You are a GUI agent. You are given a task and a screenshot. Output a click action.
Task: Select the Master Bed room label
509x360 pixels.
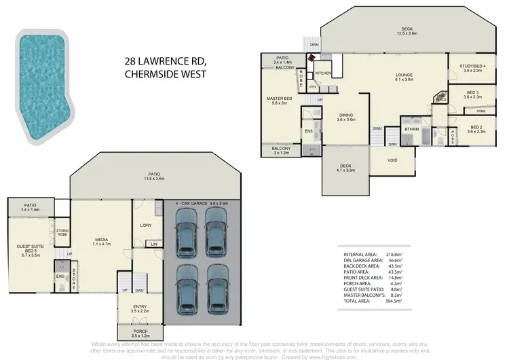pos(278,101)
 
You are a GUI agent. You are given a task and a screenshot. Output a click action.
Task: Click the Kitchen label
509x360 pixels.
pos(322,73)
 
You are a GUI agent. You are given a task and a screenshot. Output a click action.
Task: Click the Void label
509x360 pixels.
pos(392,161)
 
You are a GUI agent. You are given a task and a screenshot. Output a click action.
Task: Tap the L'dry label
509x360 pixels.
pos(144,226)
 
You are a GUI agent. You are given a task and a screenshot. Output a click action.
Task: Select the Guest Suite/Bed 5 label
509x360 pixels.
pos(29,250)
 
